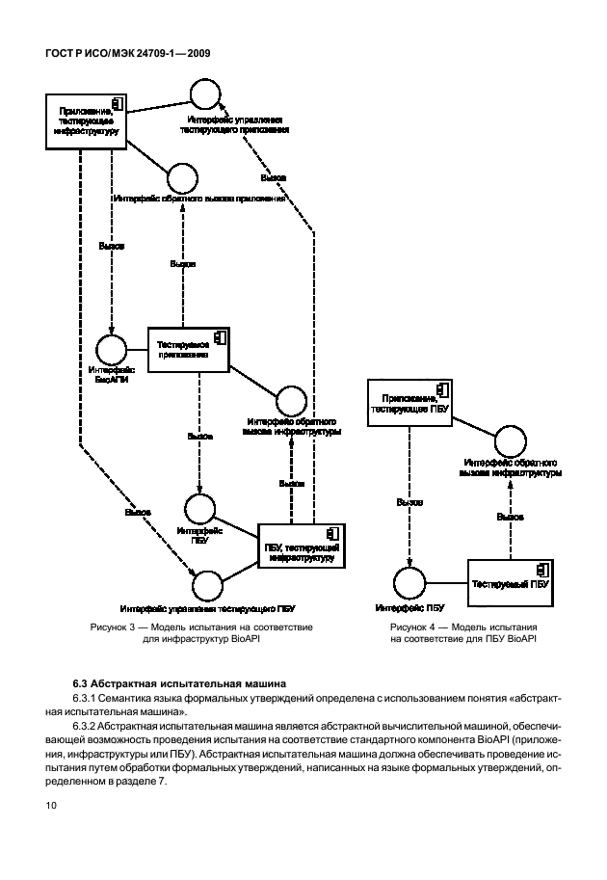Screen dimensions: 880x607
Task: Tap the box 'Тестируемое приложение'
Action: (x=188, y=349)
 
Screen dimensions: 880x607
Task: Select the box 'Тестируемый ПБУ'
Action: (x=510, y=583)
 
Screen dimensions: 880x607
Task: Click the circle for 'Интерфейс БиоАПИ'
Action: (x=111, y=350)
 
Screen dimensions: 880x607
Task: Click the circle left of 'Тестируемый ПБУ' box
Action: (x=409, y=584)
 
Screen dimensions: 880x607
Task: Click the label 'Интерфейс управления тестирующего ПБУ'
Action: (x=208, y=609)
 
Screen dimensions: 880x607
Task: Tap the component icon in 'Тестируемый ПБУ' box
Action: (x=543, y=569)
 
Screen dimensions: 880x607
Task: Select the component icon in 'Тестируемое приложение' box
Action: (x=220, y=336)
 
